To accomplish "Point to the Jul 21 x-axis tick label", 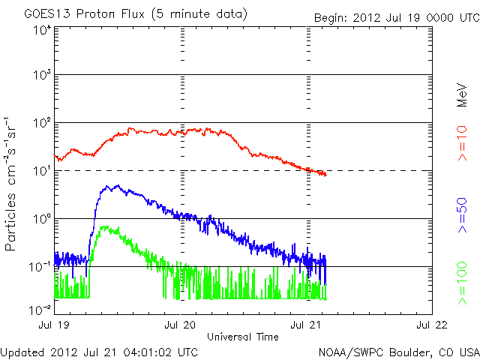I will pos(305,325).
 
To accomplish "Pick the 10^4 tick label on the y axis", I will pos(41,28).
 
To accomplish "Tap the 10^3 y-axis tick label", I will pos(41,76).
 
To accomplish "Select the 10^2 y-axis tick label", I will pos(41,124).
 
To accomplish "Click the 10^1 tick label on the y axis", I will pos(41,172).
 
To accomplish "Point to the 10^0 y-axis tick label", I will pos(41,220).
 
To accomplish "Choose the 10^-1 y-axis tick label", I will pos(40,268).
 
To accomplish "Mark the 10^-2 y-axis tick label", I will pos(40,309).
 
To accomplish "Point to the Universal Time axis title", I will pos(242,337).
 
